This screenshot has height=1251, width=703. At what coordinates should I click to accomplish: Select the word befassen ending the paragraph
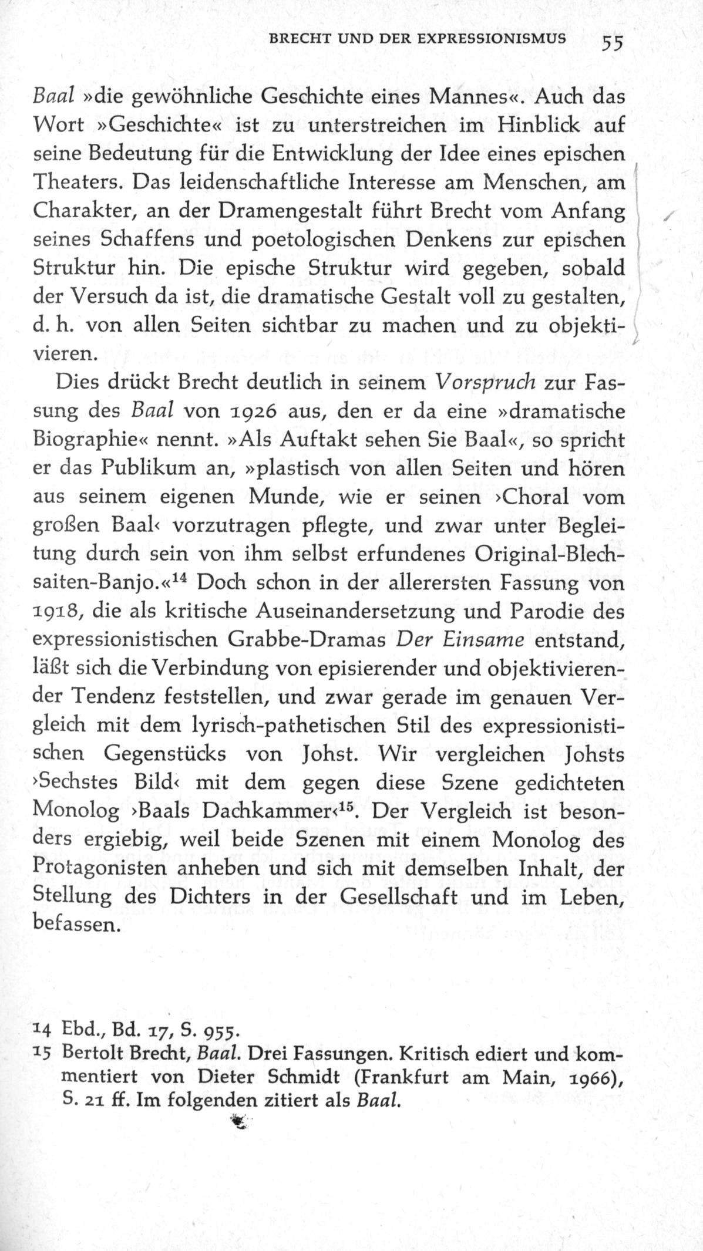point(73,925)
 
